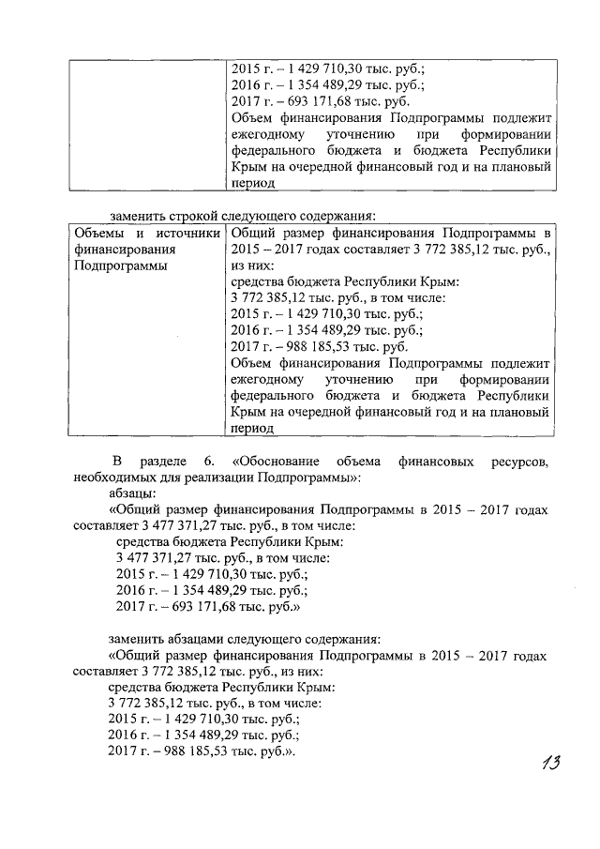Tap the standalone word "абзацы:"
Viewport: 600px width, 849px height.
(132, 492)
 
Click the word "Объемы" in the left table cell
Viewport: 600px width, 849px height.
(97, 232)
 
